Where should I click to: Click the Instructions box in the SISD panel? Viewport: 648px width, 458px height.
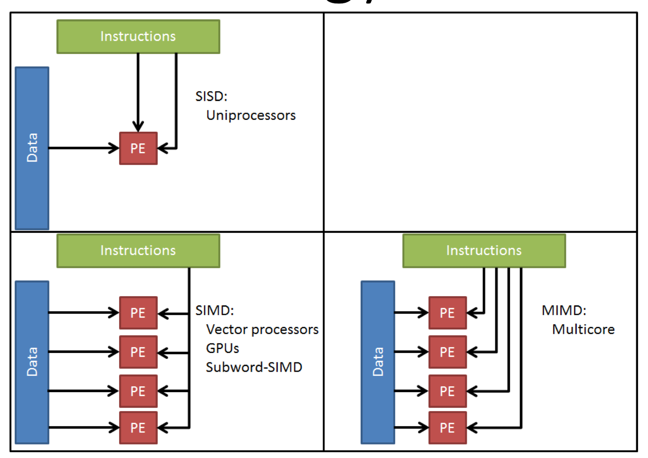138,37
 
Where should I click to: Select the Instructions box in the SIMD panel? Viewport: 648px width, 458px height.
138,251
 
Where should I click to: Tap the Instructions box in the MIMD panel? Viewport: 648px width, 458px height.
484,251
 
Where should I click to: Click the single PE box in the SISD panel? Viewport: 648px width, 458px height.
138,148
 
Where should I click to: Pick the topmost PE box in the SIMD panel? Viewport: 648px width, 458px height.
138,313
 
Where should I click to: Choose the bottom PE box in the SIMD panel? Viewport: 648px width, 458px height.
138,428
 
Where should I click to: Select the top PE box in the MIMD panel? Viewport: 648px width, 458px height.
447,313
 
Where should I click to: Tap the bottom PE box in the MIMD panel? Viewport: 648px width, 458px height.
447,428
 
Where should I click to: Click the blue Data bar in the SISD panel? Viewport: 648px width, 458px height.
32,148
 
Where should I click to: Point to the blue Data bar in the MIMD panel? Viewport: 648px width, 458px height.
378,362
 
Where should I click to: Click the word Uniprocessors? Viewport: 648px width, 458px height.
251,115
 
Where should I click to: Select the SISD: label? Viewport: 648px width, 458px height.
211,96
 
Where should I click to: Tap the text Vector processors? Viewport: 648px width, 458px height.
262,330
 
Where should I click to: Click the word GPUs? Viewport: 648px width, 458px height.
222,348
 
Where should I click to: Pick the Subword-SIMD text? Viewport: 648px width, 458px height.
254,367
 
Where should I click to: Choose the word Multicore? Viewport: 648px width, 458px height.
583,330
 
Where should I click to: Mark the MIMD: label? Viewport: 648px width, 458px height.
564,310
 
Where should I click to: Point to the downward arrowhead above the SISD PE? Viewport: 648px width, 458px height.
138,126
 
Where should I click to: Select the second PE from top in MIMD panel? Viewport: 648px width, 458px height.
447,352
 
